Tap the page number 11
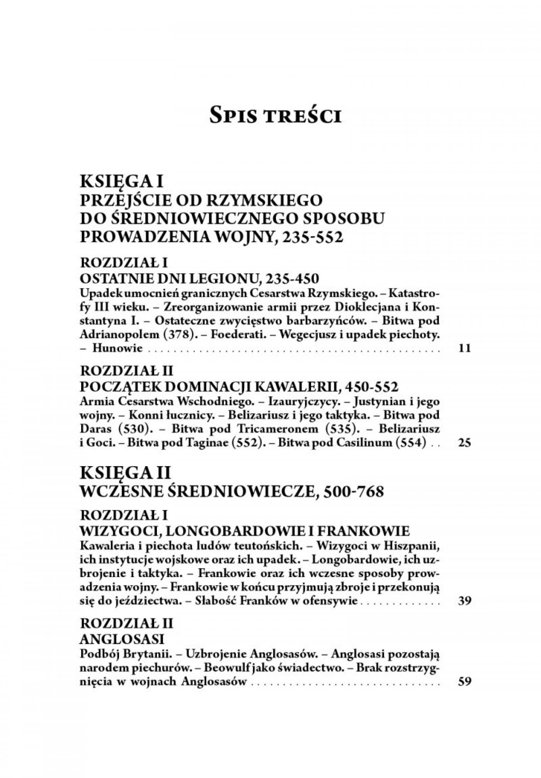point(464,348)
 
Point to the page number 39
point(464,601)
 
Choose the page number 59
point(464,682)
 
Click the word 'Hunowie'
point(118,348)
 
